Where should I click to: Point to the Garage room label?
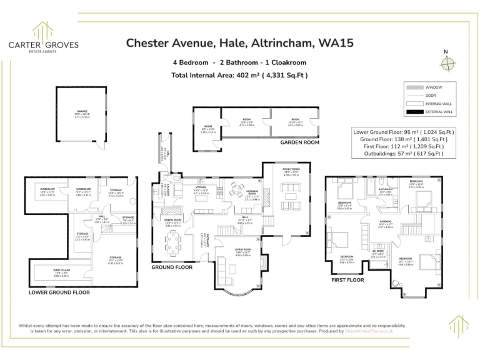(x=82, y=113)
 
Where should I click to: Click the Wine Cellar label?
(x=61, y=271)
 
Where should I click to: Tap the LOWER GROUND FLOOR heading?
(x=59, y=292)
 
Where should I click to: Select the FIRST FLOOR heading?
(x=347, y=281)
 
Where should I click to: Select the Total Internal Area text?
(x=240, y=76)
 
